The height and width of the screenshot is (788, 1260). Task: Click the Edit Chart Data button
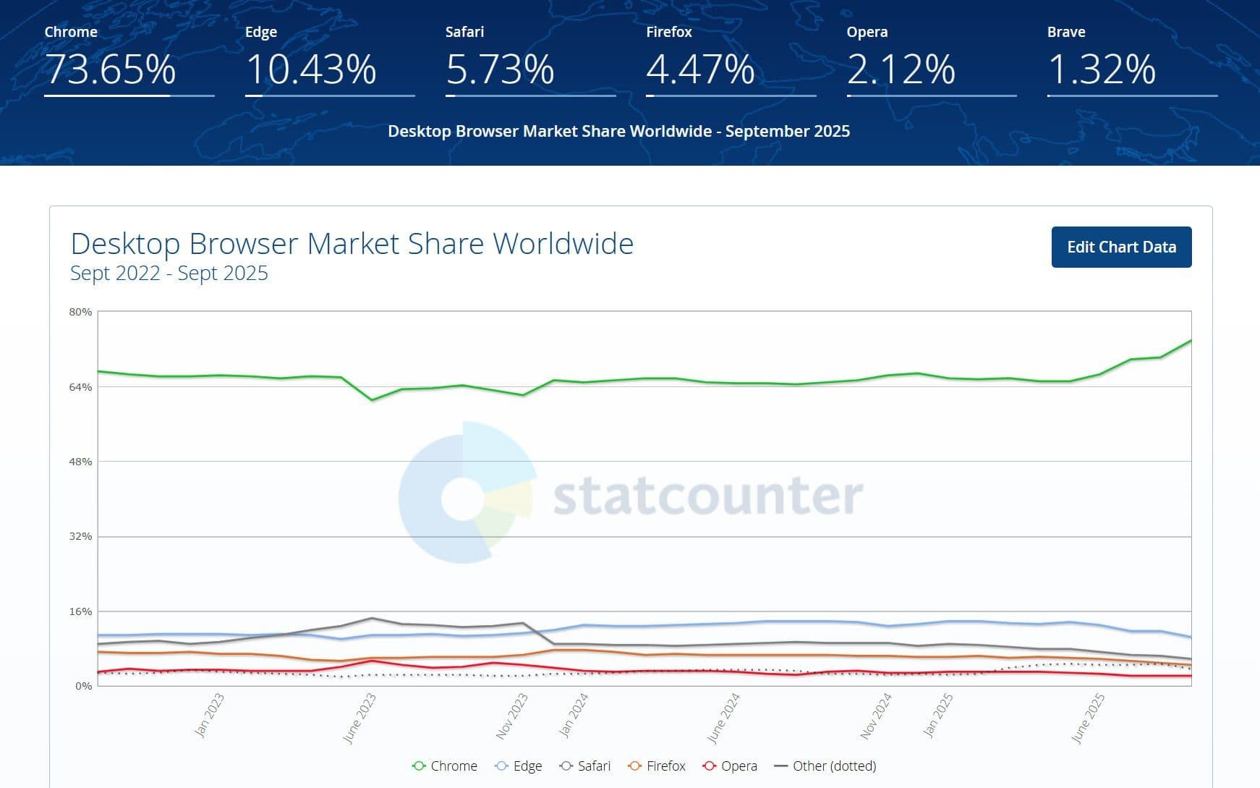pyautogui.click(x=1121, y=247)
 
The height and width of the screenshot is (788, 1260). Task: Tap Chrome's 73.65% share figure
pyautogui.click(x=111, y=69)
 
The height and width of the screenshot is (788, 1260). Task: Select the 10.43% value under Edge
pyautogui.click(x=311, y=69)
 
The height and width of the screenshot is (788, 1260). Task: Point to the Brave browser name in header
pyautogui.click(x=1065, y=32)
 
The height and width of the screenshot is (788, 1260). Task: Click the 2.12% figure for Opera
pyautogui.click(x=901, y=69)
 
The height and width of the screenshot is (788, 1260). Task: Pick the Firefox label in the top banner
pyautogui.click(x=668, y=32)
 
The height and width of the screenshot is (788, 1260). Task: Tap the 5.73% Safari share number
pyautogui.click(x=500, y=69)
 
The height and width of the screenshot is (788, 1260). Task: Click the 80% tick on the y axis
pyautogui.click(x=80, y=312)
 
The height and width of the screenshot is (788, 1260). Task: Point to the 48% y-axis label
pyautogui.click(x=80, y=462)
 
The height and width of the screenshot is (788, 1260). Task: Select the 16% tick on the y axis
pyautogui.click(x=80, y=611)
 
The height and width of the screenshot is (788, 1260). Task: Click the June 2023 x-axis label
pyautogui.click(x=359, y=718)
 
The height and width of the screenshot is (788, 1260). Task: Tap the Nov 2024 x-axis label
pyautogui.click(x=876, y=716)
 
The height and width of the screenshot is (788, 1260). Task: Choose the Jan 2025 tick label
pyautogui.click(x=938, y=715)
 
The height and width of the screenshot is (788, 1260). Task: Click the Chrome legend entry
pyautogui.click(x=445, y=766)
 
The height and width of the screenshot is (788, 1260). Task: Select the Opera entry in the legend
pyautogui.click(x=731, y=766)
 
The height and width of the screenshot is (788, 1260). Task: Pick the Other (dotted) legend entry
pyautogui.click(x=825, y=766)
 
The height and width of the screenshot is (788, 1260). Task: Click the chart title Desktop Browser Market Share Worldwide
pyautogui.click(x=352, y=244)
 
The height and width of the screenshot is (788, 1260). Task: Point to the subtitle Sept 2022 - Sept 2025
pyautogui.click(x=169, y=274)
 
